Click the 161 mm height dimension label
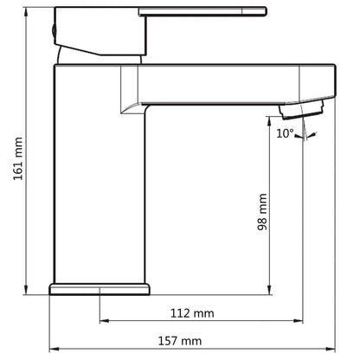point(18,158)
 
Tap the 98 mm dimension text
point(262,212)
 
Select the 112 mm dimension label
point(192,313)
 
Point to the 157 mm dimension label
point(180,341)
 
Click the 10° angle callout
point(285,133)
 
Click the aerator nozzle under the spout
point(301,110)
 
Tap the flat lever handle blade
point(202,11)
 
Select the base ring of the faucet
point(100,289)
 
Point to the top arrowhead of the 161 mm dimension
point(26,12)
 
